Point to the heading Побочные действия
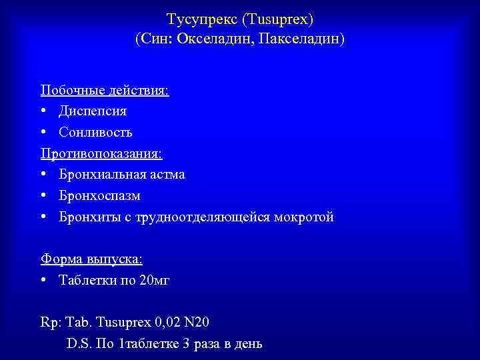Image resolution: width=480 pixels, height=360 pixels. pyautogui.click(x=105, y=89)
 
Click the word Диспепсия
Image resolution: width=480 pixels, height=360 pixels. pyautogui.click(x=93, y=111)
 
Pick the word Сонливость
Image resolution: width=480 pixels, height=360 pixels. pyautogui.click(x=95, y=132)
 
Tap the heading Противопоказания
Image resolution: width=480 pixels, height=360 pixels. pyautogui.click(x=101, y=153)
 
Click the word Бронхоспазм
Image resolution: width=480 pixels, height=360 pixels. pyautogui.click(x=99, y=196)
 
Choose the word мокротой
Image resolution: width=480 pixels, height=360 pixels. pyautogui.click(x=304, y=217)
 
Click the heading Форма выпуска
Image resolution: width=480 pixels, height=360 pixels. pyautogui.click(x=91, y=259)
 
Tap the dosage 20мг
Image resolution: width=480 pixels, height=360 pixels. pyautogui.click(x=155, y=280)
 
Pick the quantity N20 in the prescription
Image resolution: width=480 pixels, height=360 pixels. pyautogui.click(x=196, y=323)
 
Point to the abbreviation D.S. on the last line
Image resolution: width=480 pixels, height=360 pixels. pyautogui.click(x=77, y=344)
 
